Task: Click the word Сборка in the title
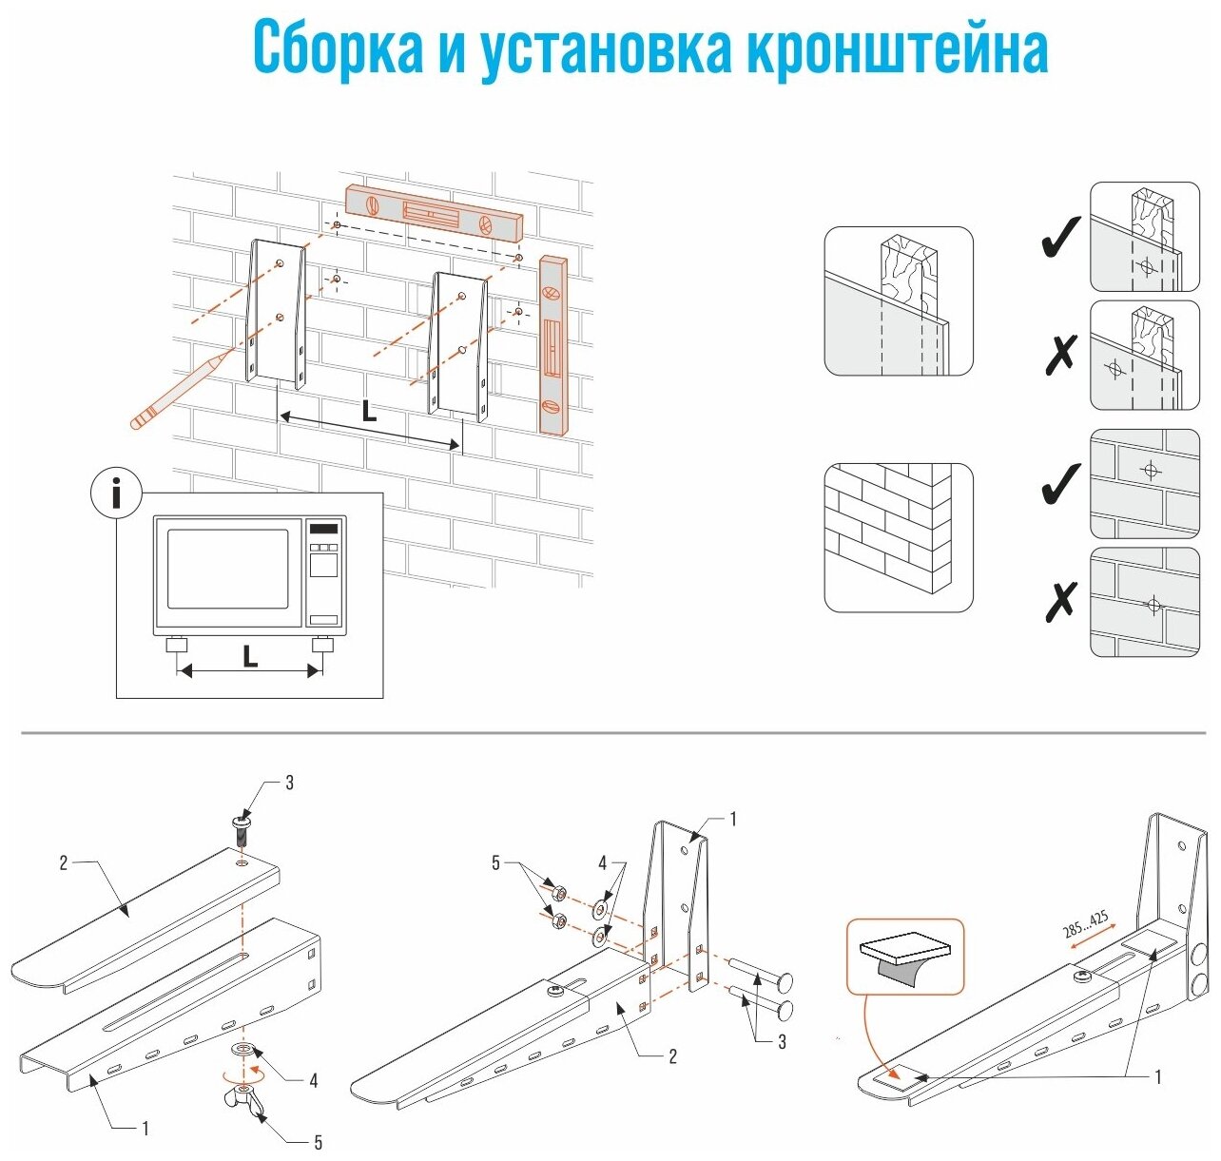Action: pos(338,48)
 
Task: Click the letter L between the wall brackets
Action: pos(369,411)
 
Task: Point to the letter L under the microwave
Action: pos(250,656)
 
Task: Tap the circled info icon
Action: pos(116,494)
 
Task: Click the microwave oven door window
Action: pos(228,569)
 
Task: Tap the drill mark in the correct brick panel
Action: pos(1151,470)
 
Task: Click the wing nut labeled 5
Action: pos(249,1103)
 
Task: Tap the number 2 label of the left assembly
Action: pos(64,863)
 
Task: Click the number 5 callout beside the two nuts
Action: pos(495,863)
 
